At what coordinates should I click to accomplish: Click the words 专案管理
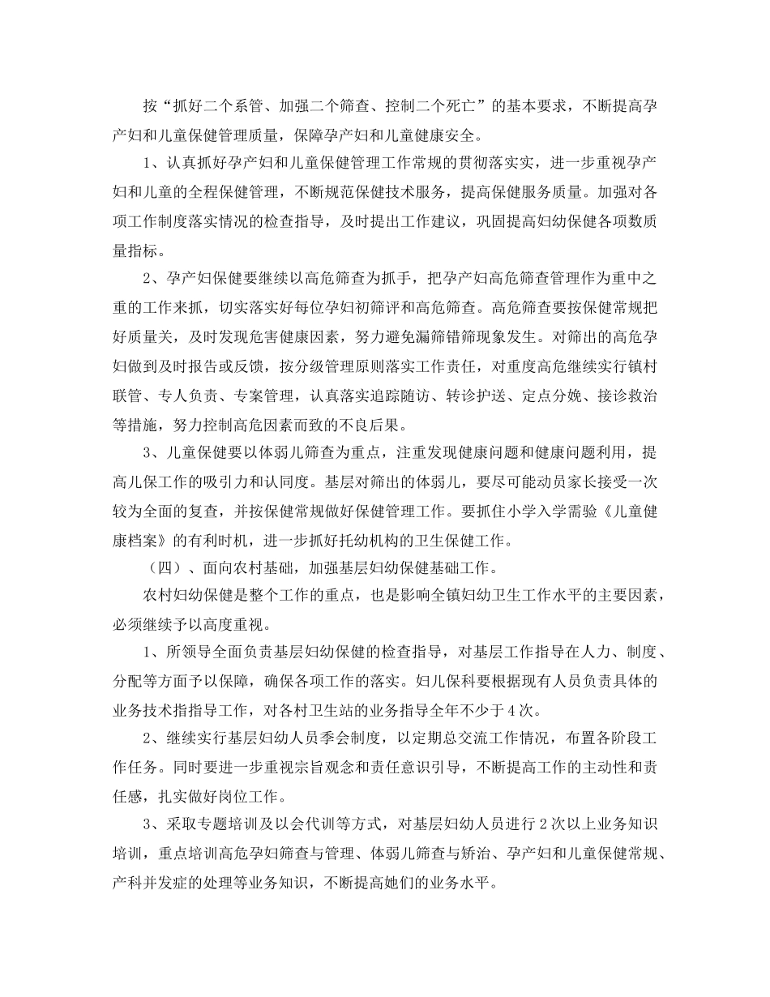point(262,397)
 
